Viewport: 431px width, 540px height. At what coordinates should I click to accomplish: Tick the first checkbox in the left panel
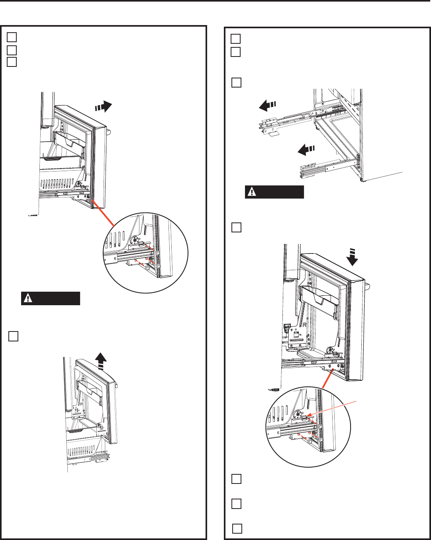(x=12, y=37)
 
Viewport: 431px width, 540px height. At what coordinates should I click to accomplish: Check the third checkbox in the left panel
(x=12, y=62)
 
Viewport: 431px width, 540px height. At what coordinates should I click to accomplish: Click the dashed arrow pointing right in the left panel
(x=104, y=107)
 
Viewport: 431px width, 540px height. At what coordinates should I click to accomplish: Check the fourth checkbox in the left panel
(x=13, y=336)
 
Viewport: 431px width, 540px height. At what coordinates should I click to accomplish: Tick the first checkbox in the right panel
(x=235, y=39)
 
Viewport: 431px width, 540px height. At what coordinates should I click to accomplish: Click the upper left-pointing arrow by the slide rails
(x=267, y=105)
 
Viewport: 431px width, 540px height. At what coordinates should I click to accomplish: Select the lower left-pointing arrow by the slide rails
(x=306, y=150)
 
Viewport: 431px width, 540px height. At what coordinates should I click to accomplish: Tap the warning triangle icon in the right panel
(x=252, y=192)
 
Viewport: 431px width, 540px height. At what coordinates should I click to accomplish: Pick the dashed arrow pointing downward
(x=352, y=257)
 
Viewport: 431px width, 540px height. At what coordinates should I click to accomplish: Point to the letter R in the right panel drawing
(x=305, y=324)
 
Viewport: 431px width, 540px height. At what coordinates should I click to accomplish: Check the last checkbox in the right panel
(x=237, y=528)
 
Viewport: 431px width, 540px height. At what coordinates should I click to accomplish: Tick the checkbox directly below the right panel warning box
(x=236, y=227)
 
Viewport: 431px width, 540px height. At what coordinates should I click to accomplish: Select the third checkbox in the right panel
(x=236, y=83)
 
